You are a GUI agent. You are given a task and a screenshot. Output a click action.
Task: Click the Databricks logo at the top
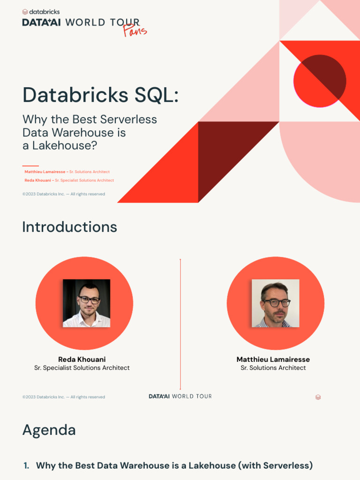coord(41,12)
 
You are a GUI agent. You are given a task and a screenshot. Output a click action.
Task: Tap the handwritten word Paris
coord(135,30)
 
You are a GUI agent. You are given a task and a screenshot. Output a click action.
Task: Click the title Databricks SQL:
coord(100,95)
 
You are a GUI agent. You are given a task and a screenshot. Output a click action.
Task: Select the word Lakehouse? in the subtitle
coord(65,146)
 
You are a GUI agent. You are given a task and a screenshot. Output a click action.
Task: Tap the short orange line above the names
coord(30,166)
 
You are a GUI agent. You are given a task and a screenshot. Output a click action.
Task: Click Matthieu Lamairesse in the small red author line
coord(45,172)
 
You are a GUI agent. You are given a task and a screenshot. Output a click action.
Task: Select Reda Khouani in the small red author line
coord(37,180)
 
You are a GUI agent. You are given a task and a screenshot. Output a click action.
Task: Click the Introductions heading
coord(69,227)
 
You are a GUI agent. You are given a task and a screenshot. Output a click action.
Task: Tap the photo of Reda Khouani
coord(87,303)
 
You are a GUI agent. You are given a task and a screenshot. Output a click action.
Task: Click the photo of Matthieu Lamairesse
coord(276,303)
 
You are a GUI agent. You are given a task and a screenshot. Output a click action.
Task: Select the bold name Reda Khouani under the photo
coord(82,360)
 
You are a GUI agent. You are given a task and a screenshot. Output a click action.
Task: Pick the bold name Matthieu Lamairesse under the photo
coord(273,360)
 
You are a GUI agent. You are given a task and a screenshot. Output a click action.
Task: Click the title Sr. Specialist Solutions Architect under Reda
coord(82,368)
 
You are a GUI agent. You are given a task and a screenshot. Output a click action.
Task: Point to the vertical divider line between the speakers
coord(180,323)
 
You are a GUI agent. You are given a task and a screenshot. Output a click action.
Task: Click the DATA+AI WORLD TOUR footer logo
coord(180,397)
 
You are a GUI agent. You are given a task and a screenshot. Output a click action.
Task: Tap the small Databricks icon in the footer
coord(318,397)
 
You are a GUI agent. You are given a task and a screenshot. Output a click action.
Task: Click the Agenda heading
coord(49,430)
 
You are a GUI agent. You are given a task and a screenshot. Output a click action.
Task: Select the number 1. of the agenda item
coord(26,465)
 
